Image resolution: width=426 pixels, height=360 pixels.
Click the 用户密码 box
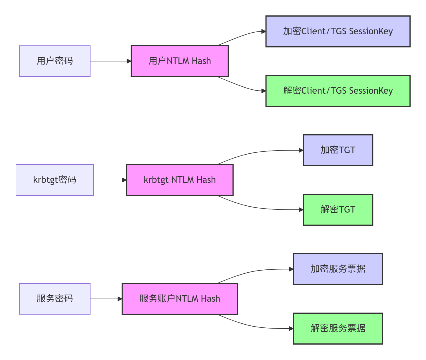coord(55,61)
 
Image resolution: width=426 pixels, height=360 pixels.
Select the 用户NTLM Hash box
coord(180,61)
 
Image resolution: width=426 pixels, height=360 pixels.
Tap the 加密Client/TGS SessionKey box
coord(338,31)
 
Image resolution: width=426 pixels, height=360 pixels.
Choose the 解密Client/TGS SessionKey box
coord(338,91)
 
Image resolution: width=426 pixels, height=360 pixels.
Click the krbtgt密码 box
coord(55,180)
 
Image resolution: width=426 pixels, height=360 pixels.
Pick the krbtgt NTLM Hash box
coord(180,180)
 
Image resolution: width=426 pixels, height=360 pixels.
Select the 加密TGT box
coord(338,150)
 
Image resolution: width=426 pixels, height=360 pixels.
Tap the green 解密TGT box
coord(338,210)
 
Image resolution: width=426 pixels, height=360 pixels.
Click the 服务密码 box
coord(55,299)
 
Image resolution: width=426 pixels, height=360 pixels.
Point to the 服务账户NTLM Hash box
coord(180,299)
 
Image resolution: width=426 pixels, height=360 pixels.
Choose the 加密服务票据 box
coord(338,269)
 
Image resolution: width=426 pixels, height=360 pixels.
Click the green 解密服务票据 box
coord(338,329)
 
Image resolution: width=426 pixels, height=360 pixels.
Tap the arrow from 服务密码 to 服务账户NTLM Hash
coord(106,299)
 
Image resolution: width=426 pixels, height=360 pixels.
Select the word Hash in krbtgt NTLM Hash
coord(206,180)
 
